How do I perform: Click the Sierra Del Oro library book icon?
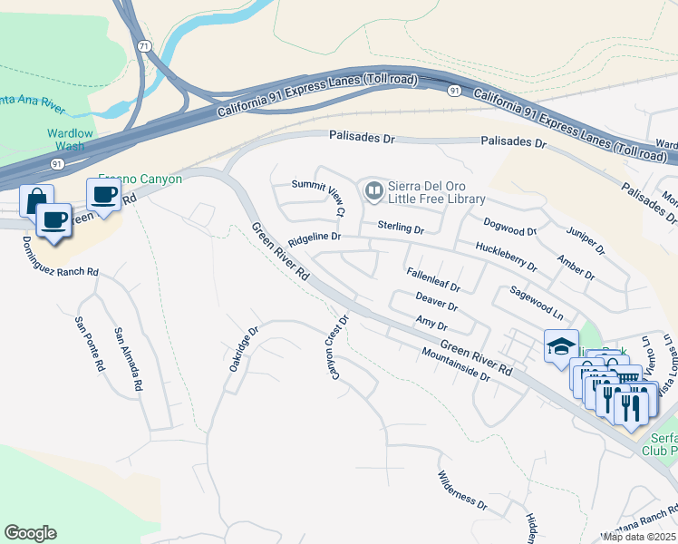(x=373, y=190)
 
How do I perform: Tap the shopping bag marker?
(x=35, y=199)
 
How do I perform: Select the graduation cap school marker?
(x=561, y=345)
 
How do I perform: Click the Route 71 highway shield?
(x=145, y=45)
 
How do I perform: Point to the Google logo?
(x=30, y=533)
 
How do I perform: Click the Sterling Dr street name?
(x=401, y=228)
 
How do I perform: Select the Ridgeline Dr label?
(x=314, y=238)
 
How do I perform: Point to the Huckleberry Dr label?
(x=506, y=256)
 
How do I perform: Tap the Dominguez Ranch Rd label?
(x=60, y=257)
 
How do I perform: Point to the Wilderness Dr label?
(x=462, y=491)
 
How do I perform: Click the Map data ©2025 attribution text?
(x=639, y=537)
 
